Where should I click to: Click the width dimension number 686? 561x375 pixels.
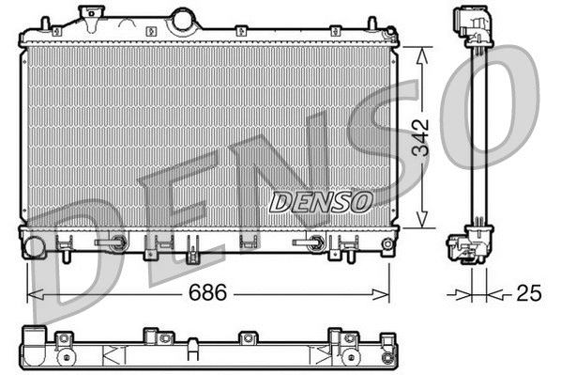click(208, 292)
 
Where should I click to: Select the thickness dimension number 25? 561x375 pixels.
click(529, 293)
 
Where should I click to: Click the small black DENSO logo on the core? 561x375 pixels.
click(321, 201)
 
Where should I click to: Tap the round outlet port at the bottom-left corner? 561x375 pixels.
click(34, 248)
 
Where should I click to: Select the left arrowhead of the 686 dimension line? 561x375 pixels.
click(32, 293)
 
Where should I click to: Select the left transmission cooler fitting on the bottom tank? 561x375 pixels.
click(114, 242)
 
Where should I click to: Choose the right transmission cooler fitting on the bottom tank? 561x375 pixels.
click(311, 242)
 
